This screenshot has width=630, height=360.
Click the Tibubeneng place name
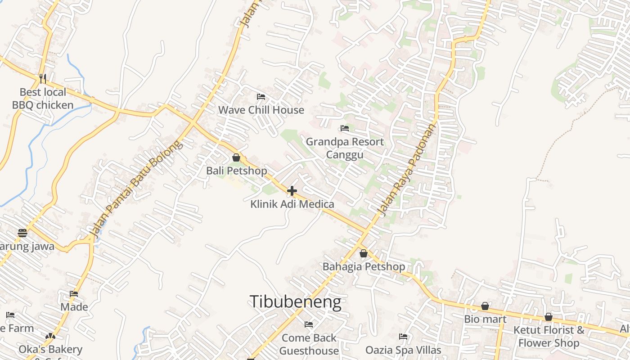[x=295, y=302]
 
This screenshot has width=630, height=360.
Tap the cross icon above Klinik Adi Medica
[x=292, y=191]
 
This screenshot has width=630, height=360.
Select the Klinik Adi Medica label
[x=292, y=204]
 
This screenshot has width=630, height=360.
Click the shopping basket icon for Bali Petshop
[x=236, y=157]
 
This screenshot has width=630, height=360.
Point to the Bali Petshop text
[x=236, y=171]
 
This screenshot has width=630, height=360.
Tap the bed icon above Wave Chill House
[x=261, y=96]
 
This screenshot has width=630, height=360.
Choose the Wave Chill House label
[x=261, y=110]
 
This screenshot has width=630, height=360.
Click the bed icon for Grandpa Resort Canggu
[x=345, y=128]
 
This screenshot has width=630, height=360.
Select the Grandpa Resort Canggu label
[x=345, y=148]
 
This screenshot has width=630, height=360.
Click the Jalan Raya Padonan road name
[x=408, y=170]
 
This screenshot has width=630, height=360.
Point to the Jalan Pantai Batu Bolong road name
[x=136, y=189]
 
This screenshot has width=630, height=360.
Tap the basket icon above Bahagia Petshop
[x=364, y=253]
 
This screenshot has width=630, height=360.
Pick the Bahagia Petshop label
[x=364, y=267]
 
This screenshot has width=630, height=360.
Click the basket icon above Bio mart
[x=485, y=306]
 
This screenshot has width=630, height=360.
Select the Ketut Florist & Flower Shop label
[x=549, y=336]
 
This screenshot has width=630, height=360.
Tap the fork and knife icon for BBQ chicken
[x=43, y=79]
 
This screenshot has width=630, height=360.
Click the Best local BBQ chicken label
[x=43, y=99]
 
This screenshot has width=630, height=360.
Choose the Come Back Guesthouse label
[x=309, y=344]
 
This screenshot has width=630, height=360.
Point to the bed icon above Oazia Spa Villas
[x=403, y=336]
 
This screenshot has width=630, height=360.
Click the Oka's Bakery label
[x=50, y=349]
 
